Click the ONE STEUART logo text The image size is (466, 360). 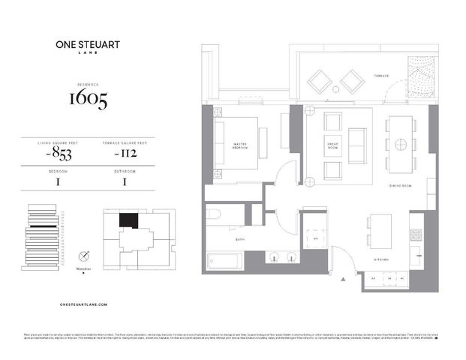pos(83,44)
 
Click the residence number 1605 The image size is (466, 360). pos(89,98)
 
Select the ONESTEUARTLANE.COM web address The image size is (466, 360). pos(83,304)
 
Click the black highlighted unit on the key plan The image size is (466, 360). pos(128,220)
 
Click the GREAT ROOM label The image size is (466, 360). pos(332,145)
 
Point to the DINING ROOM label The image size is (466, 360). pos(399,186)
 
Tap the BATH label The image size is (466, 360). pos(241,240)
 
